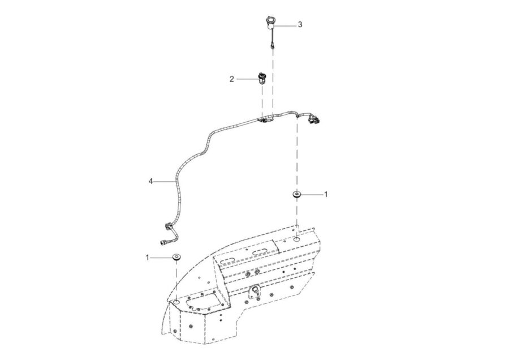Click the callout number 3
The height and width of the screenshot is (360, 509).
click(300, 24)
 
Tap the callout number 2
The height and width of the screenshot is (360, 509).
click(232, 79)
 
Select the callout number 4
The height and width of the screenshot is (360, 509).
click(150, 181)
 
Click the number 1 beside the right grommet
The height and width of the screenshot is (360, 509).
click(326, 194)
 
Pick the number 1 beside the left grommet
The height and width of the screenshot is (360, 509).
click(147, 258)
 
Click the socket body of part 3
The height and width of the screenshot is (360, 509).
click(270, 23)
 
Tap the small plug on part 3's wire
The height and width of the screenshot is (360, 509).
click(273, 47)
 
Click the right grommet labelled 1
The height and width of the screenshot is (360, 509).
click(296, 195)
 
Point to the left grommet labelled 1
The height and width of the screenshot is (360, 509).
click(176, 258)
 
